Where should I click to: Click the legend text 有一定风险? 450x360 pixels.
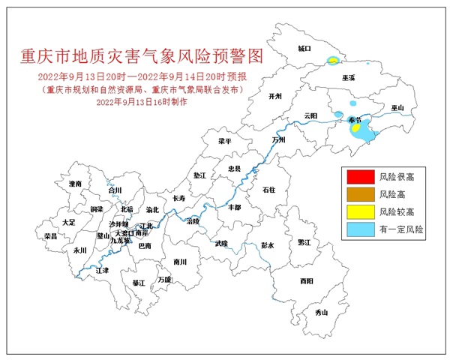pyautogui.click(x=401, y=229)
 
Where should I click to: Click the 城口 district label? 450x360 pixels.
pyautogui.click(x=304, y=48)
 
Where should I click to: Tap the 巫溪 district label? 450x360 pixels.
pyautogui.click(x=349, y=78)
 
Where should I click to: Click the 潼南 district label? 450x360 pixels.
pyautogui.click(x=75, y=183)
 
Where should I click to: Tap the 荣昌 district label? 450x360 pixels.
pyautogui.click(x=51, y=235)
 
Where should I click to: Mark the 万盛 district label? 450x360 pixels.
pyautogui.click(x=164, y=280)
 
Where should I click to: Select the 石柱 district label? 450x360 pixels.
pyautogui.click(x=269, y=191)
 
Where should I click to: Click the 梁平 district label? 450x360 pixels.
pyautogui.click(x=225, y=140)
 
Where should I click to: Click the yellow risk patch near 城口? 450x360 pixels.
pyautogui.click(x=331, y=61)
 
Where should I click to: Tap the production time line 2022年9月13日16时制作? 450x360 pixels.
pyautogui.click(x=141, y=100)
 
